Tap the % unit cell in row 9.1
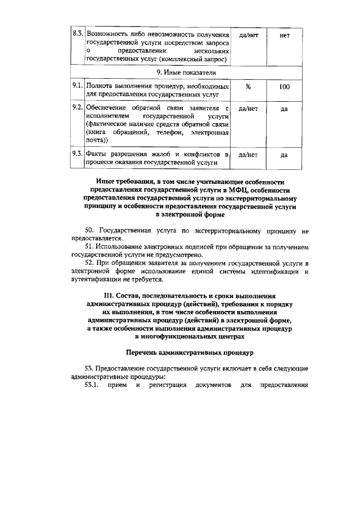(x=248, y=87)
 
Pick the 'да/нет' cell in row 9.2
(x=248, y=109)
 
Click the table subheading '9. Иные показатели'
(x=186, y=73)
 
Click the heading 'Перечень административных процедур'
(x=190, y=352)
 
